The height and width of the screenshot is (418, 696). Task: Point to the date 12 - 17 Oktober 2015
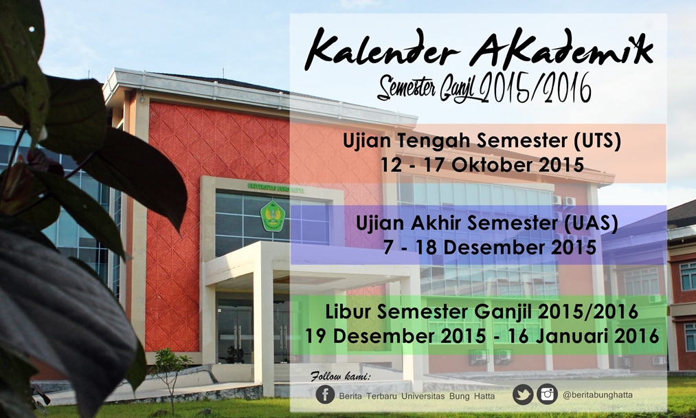[482, 165]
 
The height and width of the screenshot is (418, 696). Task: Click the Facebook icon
[325, 395]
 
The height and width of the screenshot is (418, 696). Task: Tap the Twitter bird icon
[523, 395]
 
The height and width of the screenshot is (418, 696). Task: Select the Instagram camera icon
[548, 395]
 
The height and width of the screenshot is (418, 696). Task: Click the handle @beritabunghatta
[598, 395]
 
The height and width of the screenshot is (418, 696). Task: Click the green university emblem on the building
[273, 216]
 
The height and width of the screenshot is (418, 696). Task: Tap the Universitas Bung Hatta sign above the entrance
[276, 187]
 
